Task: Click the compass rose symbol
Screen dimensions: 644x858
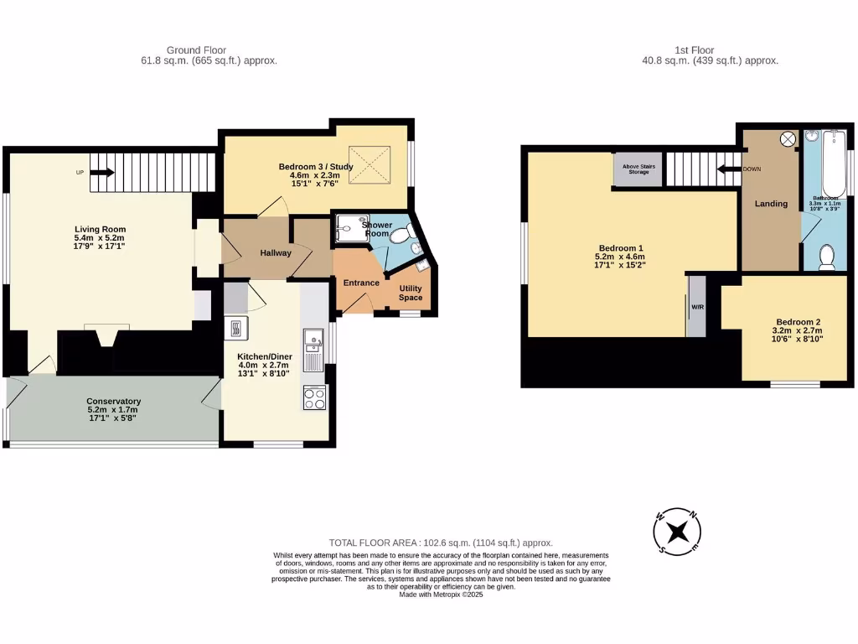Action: tap(677, 532)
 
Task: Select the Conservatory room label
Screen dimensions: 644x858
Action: tap(113, 401)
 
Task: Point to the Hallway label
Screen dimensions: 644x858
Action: tap(275, 252)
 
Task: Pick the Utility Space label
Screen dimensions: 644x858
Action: tap(411, 292)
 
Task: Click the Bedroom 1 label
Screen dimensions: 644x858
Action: tap(618, 248)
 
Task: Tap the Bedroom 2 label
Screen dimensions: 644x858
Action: tap(798, 322)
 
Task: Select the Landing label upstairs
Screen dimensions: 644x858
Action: tap(771, 204)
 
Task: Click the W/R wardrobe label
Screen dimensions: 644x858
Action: tap(697, 307)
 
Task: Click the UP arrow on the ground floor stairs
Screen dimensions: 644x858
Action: tap(102, 173)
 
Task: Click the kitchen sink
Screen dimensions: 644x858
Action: tap(315, 340)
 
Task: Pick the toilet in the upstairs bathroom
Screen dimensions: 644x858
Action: tap(825, 256)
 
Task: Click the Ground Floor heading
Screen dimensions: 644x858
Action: tap(196, 50)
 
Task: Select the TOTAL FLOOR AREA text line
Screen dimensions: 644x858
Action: tap(441, 543)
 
